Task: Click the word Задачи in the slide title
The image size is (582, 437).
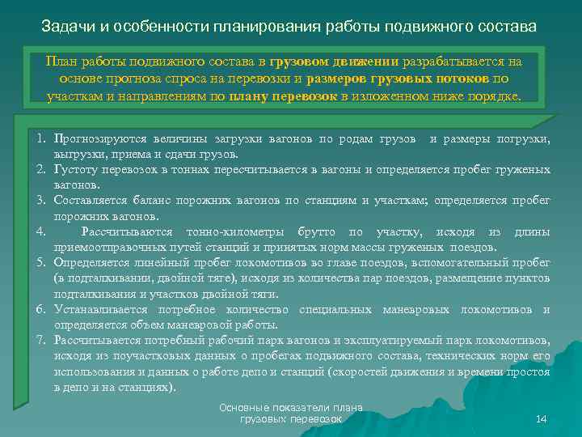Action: pyautogui.click(x=67, y=27)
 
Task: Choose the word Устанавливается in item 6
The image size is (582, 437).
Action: pyautogui.click(x=100, y=310)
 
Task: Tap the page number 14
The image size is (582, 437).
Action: pyautogui.click(x=542, y=418)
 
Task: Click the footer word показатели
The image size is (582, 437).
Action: pyautogui.click(x=293, y=408)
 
